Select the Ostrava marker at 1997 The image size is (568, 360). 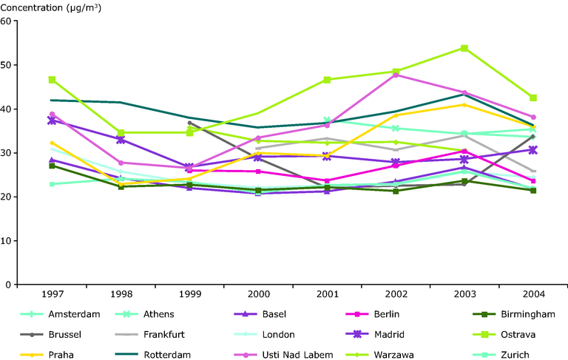(52, 79)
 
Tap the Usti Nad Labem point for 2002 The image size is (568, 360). (396, 75)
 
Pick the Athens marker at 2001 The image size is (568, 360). (326, 120)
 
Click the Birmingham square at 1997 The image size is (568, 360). (52, 166)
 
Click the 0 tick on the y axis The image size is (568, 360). (10, 285)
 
